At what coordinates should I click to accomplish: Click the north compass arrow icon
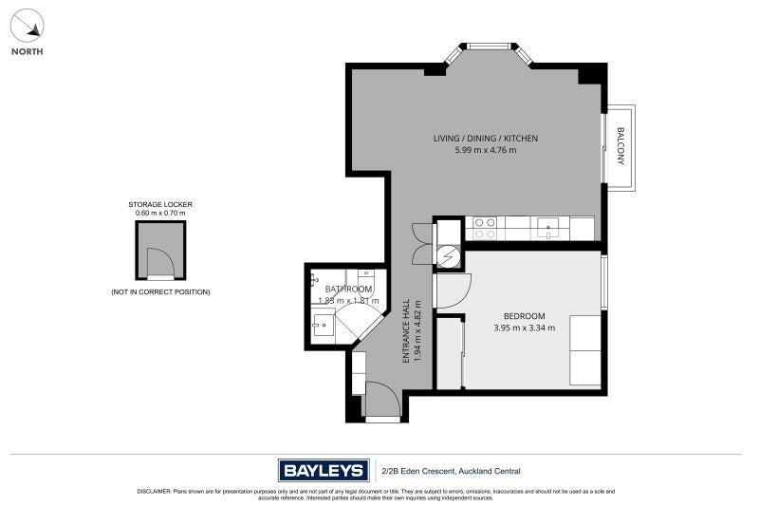(x=27, y=23)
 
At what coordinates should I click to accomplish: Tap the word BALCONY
(x=621, y=146)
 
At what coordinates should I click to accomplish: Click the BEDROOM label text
(x=524, y=316)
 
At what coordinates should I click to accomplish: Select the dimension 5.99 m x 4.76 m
(x=486, y=150)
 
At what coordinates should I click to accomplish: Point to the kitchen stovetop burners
(x=485, y=228)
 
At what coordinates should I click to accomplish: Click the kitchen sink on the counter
(x=548, y=228)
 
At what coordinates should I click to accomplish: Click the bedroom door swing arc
(x=454, y=288)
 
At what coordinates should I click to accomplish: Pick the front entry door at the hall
(x=381, y=399)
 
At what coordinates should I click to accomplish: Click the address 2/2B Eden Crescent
(x=451, y=471)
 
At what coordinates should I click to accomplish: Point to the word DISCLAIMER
(x=154, y=492)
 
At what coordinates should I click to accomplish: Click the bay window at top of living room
(x=490, y=46)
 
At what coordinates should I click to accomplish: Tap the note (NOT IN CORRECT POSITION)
(x=160, y=291)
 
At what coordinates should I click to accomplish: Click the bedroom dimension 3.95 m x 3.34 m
(x=524, y=328)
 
